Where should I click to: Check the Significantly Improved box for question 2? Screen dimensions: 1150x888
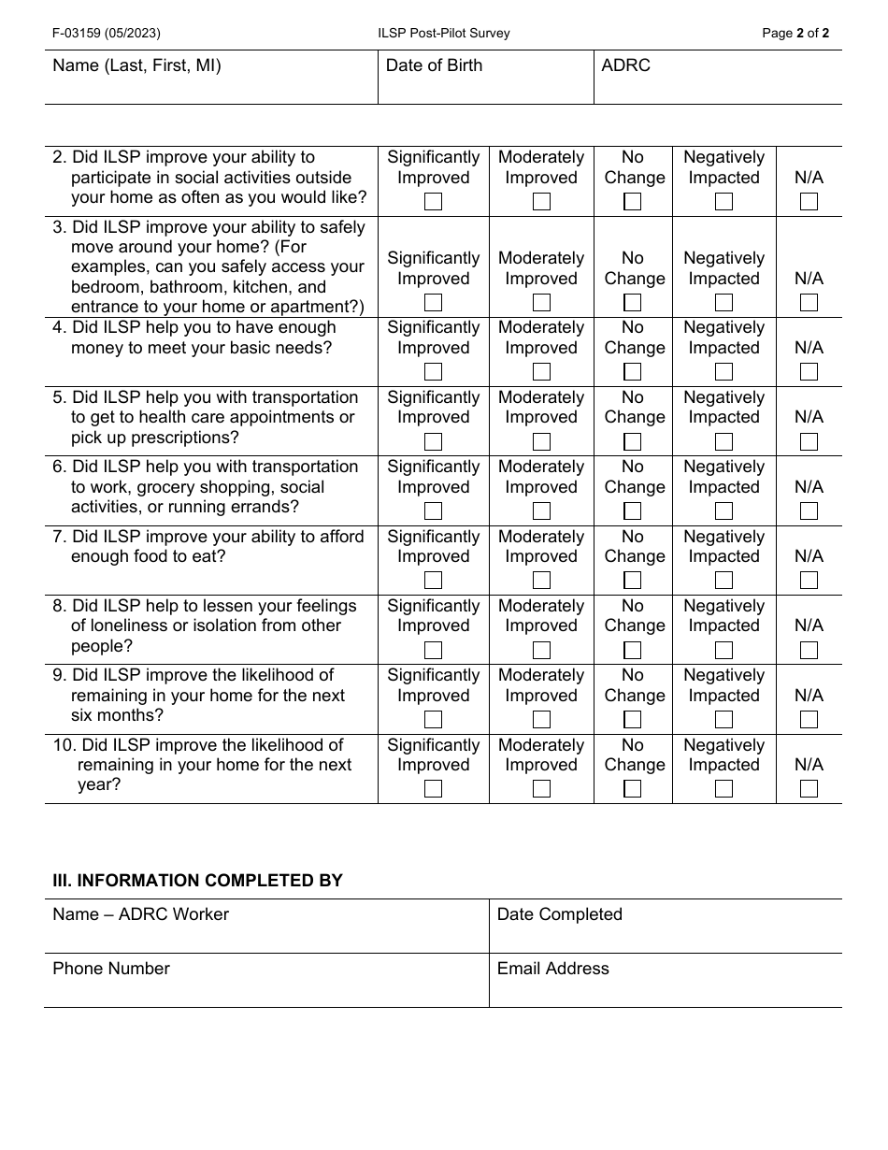(x=433, y=201)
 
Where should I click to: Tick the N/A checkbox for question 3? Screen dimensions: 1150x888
(x=809, y=302)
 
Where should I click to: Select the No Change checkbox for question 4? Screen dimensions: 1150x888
(x=633, y=371)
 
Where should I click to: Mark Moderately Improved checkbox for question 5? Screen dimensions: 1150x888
(x=541, y=441)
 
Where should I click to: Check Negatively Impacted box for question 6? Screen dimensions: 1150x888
(x=723, y=510)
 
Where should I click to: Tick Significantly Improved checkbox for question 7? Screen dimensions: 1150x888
(x=433, y=580)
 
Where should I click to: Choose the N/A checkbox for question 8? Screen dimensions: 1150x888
(x=809, y=650)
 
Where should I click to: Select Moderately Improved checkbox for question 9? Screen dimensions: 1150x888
(x=541, y=719)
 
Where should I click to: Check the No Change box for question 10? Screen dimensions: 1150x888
(x=633, y=788)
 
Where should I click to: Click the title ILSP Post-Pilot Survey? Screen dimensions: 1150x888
(x=443, y=33)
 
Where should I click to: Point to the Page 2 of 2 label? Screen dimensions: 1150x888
(x=795, y=33)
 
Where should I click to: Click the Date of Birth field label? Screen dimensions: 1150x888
(x=434, y=65)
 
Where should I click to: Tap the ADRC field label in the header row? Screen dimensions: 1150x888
(x=625, y=65)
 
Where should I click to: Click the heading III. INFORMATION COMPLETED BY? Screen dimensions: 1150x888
(x=197, y=880)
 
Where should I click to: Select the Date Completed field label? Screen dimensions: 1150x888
(x=559, y=914)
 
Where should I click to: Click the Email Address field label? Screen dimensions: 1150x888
(x=552, y=969)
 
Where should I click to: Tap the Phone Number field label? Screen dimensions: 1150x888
(x=111, y=969)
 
